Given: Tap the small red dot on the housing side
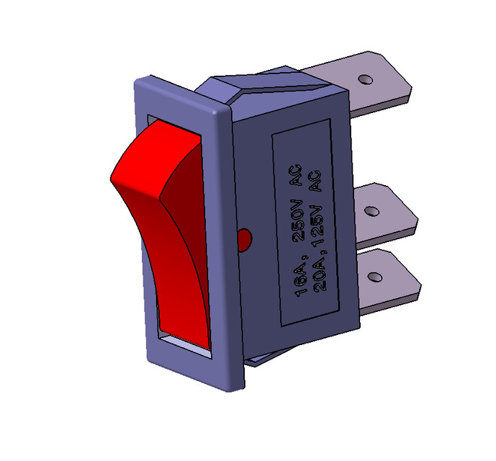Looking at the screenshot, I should click(243, 237).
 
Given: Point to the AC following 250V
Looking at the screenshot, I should click(296, 179).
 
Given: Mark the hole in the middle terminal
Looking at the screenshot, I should click(371, 211).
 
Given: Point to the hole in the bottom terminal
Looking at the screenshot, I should click(374, 277).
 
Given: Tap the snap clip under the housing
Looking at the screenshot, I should click(270, 356).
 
